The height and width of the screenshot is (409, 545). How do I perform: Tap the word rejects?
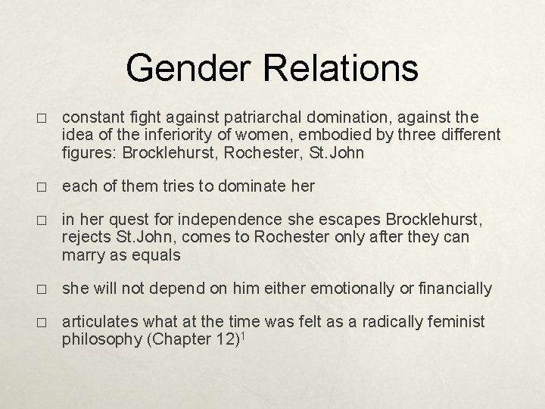coord(86,237)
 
